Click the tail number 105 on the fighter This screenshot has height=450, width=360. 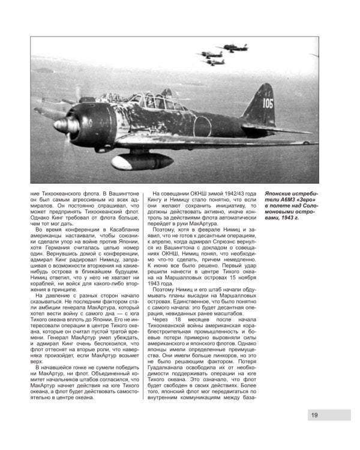(266, 104)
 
